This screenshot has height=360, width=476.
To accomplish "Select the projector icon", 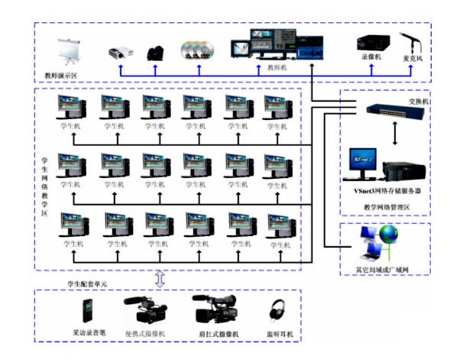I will (117, 52).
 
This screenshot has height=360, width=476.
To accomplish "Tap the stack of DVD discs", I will (196, 50).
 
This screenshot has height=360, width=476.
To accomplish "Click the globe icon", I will (390, 233).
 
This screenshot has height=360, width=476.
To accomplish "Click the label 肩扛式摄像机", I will (219, 334).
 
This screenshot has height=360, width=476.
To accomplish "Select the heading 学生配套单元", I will (88, 284).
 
